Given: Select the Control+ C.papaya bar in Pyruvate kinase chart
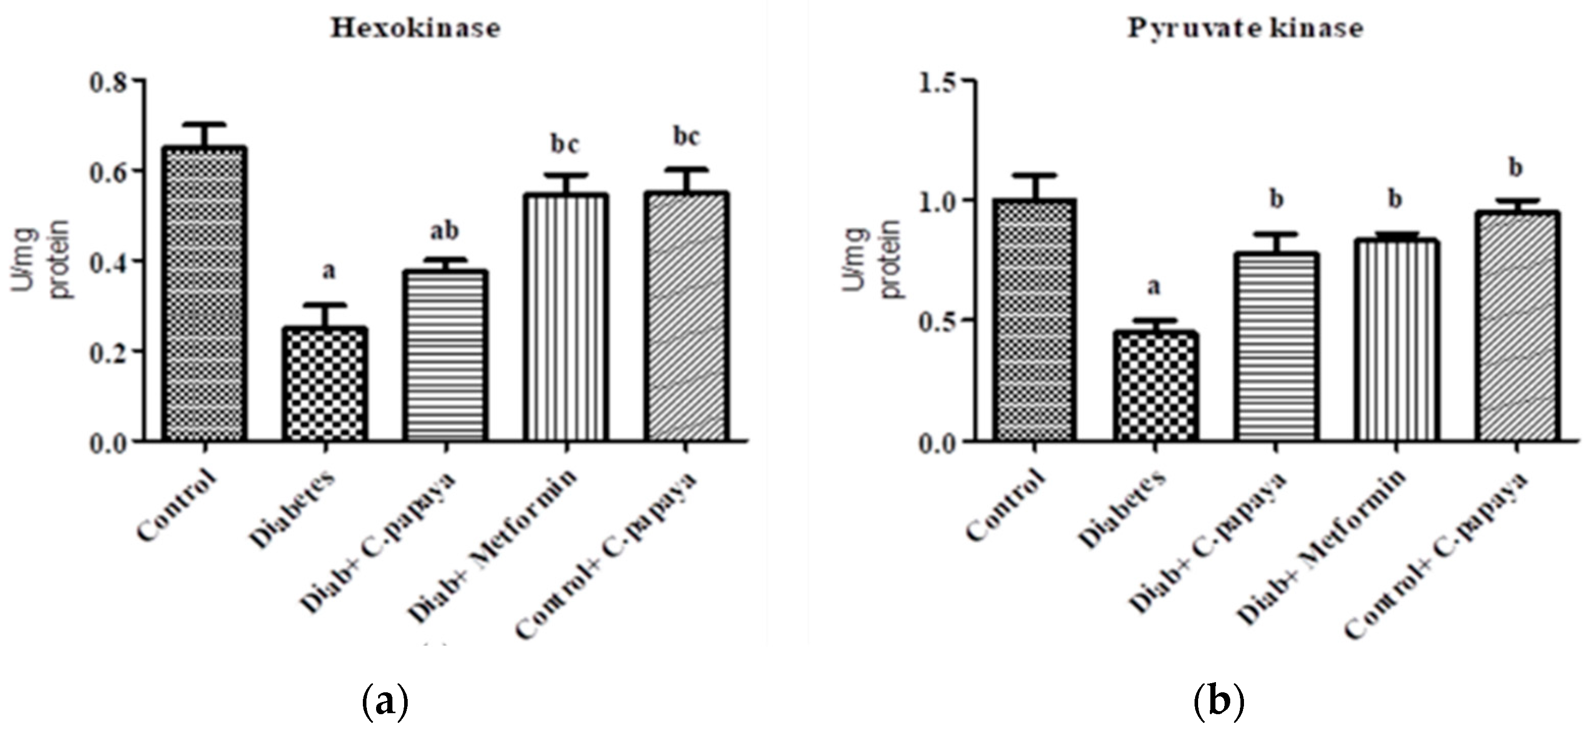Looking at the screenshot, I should click(1516, 327).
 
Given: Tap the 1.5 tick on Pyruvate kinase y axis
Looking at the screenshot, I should click(940, 81).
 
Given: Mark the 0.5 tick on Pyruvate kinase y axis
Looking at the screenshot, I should click(940, 321).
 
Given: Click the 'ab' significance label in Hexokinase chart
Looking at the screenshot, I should click(444, 232).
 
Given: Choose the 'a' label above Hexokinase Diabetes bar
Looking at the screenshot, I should click(329, 271).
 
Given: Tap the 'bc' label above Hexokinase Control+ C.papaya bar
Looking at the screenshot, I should click(686, 136).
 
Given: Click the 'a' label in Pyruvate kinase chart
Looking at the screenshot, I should click(1153, 287).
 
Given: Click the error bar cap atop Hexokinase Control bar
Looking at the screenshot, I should click(205, 124).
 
